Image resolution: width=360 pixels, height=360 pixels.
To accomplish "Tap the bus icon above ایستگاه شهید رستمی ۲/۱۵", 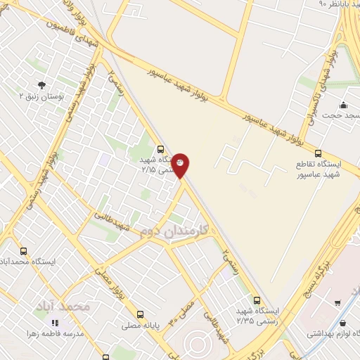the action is pyautogui.click(x=161, y=149).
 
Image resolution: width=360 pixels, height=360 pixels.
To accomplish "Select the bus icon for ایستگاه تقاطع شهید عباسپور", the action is pyautogui.click(x=318, y=153).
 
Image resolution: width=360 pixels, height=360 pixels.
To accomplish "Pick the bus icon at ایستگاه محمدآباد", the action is pyautogui.click(x=25, y=251).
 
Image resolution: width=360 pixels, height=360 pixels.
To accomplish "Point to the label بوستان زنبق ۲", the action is pyautogui.click(x=41, y=96).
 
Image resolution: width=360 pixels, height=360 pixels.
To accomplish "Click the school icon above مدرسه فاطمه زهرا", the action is pyautogui.click(x=56, y=323).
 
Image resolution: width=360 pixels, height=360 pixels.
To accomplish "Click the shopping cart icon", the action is pyautogui.click(x=337, y=303).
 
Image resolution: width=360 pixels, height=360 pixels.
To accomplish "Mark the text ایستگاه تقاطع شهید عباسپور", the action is pyautogui.click(x=318, y=168).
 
